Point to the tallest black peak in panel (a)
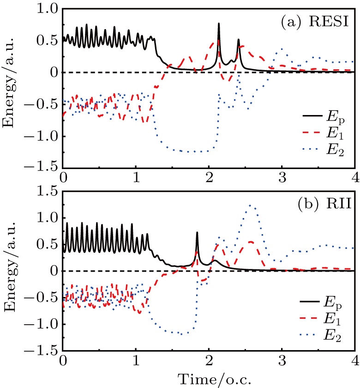pos(219,24)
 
